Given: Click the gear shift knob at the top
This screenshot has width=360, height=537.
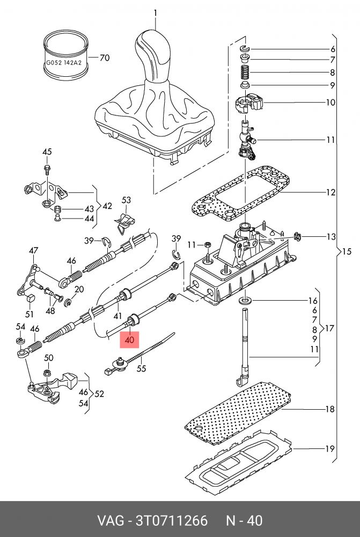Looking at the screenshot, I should coord(154,54).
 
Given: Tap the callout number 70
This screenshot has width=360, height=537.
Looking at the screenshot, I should coord(105,57).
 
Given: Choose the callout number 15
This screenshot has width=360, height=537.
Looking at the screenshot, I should coord(346,251).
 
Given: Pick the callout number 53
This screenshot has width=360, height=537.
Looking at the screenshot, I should coord(126,200).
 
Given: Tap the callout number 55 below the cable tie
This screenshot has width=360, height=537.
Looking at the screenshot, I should coord(142,369).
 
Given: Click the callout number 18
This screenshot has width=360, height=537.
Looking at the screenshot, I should coord(330,409).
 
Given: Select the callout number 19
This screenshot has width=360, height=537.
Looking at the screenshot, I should coord(330,449).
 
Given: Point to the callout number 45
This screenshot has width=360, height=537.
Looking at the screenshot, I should coord(47,152).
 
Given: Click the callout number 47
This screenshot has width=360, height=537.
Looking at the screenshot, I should coord(34,251).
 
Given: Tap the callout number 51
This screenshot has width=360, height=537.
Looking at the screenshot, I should coord(30,314).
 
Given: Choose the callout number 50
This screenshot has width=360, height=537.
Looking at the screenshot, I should coord(48,358).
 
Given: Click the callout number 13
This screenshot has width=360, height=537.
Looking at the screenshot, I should coord(331,237).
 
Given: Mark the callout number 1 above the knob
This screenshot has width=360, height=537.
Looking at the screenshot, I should coord(156,12).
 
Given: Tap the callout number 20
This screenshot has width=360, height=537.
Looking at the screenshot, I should coord(79,289).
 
